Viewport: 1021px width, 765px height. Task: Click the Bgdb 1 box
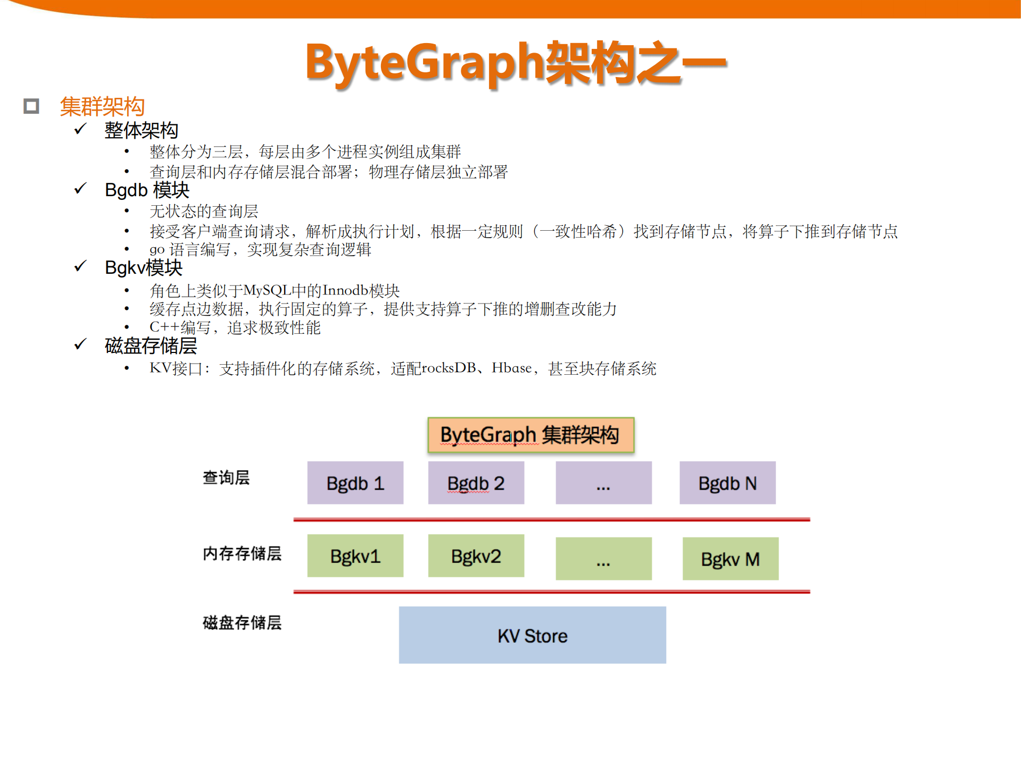tap(355, 483)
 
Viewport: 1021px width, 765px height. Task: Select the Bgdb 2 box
tap(476, 483)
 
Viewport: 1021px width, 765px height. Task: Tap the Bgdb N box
tap(727, 483)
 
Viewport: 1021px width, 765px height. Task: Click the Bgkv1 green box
tap(355, 556)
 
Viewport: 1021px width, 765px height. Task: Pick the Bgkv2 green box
tap(476, 556)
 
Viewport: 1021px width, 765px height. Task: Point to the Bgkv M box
tap(730, 559)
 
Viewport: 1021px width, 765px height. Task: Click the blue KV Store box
tap(532, 635)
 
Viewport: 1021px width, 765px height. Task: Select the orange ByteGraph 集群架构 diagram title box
tap(530, 435)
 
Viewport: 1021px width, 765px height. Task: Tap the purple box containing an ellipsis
tap(603, 483)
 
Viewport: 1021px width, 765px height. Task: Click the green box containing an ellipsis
tap(603, 559)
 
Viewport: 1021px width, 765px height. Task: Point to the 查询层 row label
tap(226, 477)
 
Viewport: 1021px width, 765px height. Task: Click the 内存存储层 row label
tap(242, 553)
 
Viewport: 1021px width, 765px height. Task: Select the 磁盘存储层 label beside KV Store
tap(242, 623)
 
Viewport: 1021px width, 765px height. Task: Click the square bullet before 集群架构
tap(31, 106)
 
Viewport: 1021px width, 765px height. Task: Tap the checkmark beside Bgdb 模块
tap(80, 189)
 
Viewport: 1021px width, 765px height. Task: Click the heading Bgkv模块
tap(144, 267)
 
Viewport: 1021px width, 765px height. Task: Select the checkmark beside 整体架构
tap(80, 129)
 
